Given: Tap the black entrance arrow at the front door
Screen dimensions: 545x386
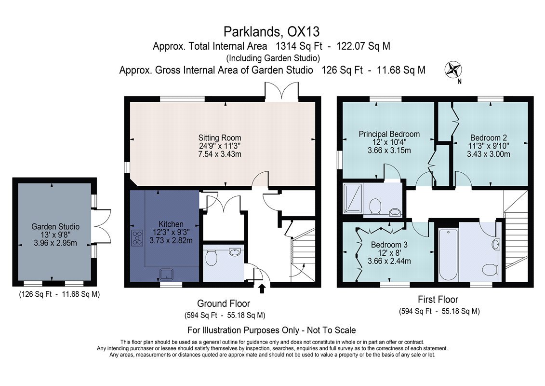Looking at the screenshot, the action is [x=262, y=289].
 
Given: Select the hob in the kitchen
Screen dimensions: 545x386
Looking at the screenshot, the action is [x=137, y=238].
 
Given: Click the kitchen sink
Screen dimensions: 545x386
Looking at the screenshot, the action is [x=167, y=274].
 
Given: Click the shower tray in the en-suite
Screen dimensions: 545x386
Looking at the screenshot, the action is [x=353, y=198].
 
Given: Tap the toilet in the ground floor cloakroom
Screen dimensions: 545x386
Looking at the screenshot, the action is [x=211, y=258].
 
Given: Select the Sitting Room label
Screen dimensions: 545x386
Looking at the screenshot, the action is [x=220, y=138].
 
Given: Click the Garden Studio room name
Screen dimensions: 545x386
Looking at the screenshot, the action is [x=55, y=227].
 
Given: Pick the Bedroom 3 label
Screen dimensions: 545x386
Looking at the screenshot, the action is [x=389, y=245].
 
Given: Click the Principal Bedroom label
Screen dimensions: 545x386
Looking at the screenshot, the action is [x=389, y=134].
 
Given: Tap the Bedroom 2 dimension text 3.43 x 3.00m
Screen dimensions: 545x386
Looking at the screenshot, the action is [x=488, y=154].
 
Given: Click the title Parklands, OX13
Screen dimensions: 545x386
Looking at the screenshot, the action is [x=271, y=32].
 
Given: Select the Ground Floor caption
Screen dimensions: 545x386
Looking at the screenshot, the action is [x=224, y=303].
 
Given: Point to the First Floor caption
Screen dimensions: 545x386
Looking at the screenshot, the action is [x=438, y=299].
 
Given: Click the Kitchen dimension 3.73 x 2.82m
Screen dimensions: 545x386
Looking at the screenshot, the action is [x=171, y=240].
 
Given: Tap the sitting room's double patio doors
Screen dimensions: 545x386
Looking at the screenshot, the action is [x=281, y=91].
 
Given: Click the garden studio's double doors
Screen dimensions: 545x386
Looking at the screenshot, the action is [x=102, y=226].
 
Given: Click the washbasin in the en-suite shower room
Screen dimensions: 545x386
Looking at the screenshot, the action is [x=395, y=212].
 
